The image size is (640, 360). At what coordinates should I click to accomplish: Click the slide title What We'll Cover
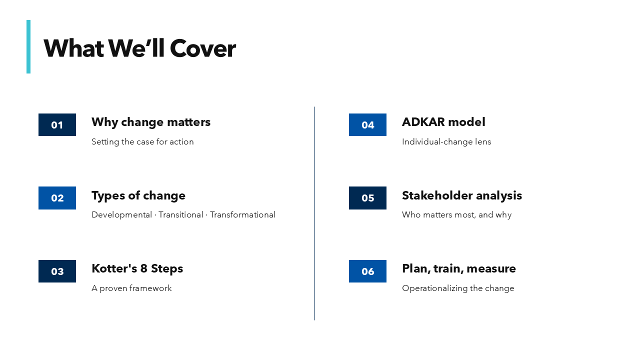(x=139, y=48)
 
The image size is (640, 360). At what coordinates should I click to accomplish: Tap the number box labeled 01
(x=57, y=125)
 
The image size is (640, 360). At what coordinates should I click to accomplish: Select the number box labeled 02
(x=57, y=198)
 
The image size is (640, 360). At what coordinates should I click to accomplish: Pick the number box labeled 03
(x=57, y=271)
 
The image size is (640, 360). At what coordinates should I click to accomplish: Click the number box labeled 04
(x=367, y=125)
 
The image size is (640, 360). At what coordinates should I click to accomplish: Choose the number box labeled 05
(x=367, y=198)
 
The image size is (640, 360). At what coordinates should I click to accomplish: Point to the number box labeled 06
(x=367, y=271)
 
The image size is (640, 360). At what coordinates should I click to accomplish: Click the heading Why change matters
(x=151, y=122)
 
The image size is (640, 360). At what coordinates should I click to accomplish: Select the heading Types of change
(x=138, y=195)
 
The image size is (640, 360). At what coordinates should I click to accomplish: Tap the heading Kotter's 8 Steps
(x=137, y=268)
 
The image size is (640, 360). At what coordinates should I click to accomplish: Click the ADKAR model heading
(x=443, y=122)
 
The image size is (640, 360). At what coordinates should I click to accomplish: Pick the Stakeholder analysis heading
(x=462, y=195)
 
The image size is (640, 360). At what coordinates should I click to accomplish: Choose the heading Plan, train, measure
(x=459, y=268)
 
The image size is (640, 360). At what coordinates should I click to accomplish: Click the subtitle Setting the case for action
(x=142, y=142)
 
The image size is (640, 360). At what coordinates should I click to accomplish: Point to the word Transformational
(x=242, y=215)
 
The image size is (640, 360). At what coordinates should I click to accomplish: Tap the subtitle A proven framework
(x=131, y=288)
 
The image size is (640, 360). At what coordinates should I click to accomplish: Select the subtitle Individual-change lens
(x=446, y=142)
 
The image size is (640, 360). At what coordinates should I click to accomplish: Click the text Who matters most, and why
(x=456, y=215)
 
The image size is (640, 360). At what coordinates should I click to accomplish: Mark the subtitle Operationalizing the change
(x=458, y=288)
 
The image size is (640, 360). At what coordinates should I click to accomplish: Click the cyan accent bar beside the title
(x=28, y=46)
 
